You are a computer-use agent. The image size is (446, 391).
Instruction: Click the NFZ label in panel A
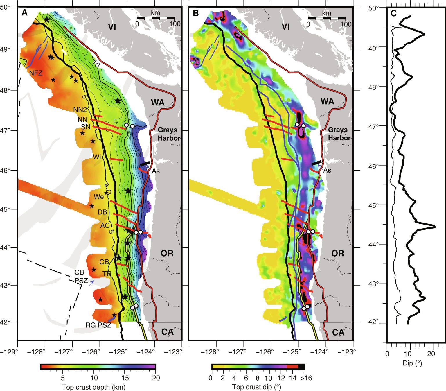point(36,73)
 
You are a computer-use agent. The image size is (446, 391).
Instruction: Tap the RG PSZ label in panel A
point(98,325)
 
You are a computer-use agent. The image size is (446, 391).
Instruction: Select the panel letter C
point(394,13)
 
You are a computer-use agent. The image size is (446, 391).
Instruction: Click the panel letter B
point(196,13)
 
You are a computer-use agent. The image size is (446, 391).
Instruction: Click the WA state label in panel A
point(158,102)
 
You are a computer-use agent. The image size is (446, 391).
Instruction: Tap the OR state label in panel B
point(337,253)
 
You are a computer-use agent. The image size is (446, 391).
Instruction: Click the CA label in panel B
point(338,332)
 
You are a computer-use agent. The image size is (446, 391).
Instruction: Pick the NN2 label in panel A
point(80,110)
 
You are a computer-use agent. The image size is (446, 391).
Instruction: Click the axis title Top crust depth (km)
point(93,387)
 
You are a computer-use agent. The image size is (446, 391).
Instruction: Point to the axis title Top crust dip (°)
point(256,387)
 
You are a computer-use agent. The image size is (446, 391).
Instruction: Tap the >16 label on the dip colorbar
point(306,378)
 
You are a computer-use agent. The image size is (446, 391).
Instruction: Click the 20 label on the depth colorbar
point(156,378)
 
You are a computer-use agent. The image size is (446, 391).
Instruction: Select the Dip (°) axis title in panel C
point(412,363)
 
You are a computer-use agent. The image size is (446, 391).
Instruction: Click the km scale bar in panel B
point(327,18)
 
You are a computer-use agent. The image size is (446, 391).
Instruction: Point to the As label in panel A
point(156,171)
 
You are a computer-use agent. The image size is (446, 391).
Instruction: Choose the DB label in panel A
point(102,212)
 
